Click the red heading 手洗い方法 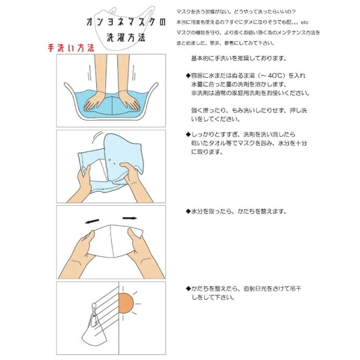71,48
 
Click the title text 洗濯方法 126,38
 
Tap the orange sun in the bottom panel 126,303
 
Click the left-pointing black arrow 92,221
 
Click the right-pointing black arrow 130,218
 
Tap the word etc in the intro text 304,23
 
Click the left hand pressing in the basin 94,101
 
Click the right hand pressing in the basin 129,101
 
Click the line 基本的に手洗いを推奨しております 239,58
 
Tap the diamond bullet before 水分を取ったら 188,211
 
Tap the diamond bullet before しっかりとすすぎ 188,134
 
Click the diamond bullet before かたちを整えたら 188,289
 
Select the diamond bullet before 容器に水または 188,76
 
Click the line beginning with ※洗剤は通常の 250,93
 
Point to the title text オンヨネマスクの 126,22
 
